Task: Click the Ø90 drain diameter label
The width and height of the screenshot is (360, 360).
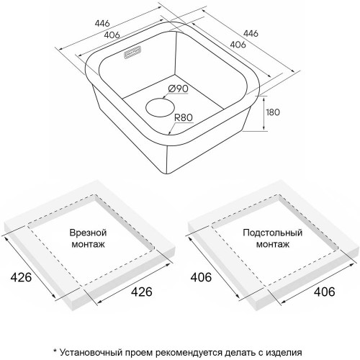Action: click(x=178, y=89)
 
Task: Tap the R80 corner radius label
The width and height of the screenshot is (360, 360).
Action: click(x=184, y=117)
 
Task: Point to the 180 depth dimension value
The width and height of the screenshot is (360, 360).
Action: click(x=273, y=112)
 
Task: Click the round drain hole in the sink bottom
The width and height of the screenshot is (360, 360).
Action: click(x=161, y=107)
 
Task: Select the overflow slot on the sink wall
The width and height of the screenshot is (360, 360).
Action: click(x=132, y=52)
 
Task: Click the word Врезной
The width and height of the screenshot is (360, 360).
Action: click(x=88, y=233)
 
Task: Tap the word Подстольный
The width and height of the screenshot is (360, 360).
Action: click(x=272, y=233)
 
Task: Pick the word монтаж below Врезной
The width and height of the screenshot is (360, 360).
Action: click(x=89, y=244)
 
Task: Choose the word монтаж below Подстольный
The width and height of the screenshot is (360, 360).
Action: click(x=273, y=244)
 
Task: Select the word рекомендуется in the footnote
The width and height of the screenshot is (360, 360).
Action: click(x=189, y=353)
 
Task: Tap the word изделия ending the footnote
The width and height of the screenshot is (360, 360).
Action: click(x=284, y=353)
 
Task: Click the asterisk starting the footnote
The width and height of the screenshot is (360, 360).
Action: click(x=55, y=351)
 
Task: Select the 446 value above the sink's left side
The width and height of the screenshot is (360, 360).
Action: click(x=102, y=23)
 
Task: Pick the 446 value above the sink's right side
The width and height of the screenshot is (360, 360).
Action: click(x=251, y=33)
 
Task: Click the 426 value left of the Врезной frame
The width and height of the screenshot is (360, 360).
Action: click(x=21, y=277)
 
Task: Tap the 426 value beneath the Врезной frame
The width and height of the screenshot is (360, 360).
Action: click(x=142, y=292)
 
